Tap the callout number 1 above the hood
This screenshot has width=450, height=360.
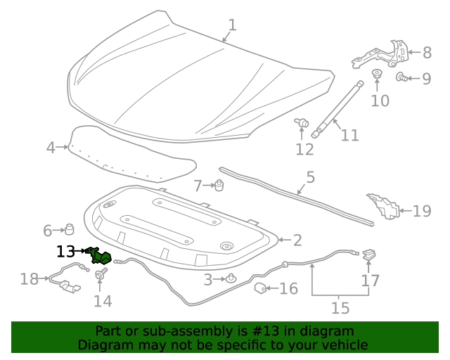click(232, 25)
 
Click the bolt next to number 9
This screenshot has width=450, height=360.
click(400, 77)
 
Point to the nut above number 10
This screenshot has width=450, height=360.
click(376, 75)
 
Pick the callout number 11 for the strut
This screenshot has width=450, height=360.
click(349, 134)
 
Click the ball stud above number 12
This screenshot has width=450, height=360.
click(303, 124)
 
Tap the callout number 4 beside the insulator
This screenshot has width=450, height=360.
click(51, 148)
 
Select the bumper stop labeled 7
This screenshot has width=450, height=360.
click(219, 185)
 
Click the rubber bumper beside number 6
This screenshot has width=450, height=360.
click(70, 229)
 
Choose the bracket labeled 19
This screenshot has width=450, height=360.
click(383, 205)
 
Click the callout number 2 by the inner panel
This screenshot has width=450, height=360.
click(297, 240)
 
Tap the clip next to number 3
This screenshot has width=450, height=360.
click(231, 279)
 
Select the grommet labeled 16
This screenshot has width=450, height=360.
click(259, 288)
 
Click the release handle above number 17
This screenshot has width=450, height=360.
click(369, 255)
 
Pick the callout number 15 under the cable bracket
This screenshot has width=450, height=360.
click(340, 307)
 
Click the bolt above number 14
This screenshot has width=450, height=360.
click(100, 273)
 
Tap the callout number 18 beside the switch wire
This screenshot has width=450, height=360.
click(29, 279)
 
